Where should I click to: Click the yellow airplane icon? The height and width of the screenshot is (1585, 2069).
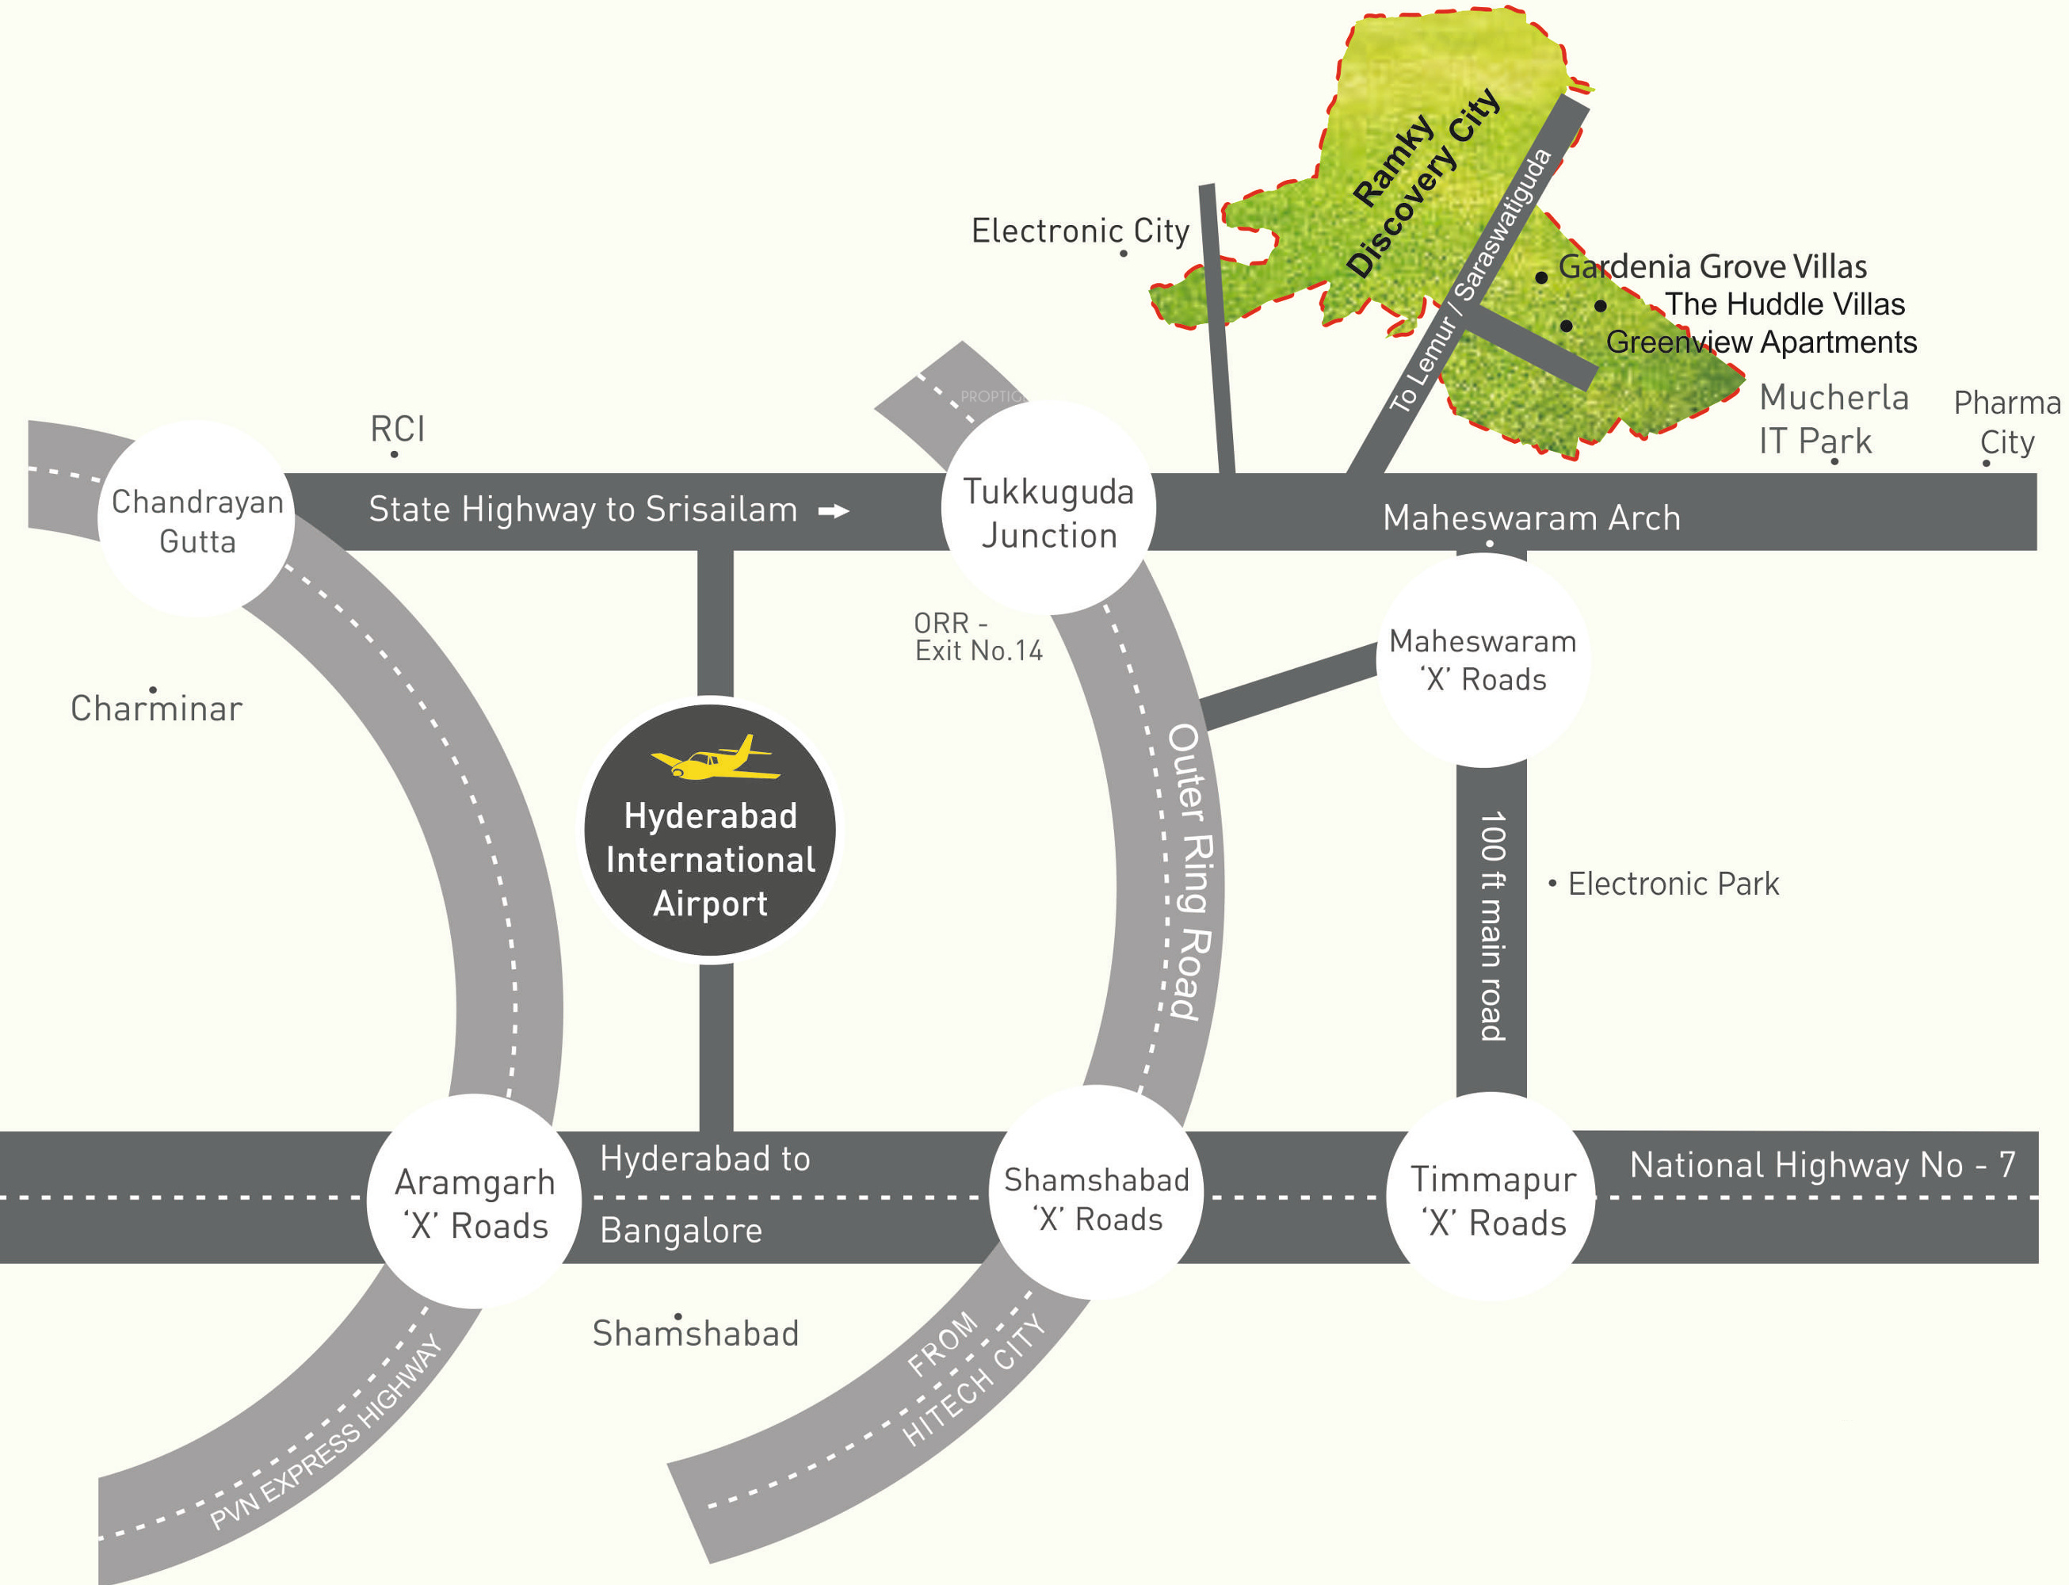click(x=714, y=758)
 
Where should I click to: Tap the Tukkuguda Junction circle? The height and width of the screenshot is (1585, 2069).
click(x=1048, y=510)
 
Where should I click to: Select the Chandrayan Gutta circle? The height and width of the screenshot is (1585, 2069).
click(x=197, y=520)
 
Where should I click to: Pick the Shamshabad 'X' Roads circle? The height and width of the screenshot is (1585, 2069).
click(x=1095, y=1197)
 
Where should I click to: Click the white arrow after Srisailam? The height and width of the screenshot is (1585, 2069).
click(x=833, y=511)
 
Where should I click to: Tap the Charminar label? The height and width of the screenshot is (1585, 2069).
click(x=157, y=708)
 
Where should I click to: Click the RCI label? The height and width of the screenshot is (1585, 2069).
click(x=397, y=430)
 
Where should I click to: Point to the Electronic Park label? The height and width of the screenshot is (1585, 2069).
click(x=1672, y=884)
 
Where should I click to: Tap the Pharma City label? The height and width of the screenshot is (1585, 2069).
click(x=2006, y=422)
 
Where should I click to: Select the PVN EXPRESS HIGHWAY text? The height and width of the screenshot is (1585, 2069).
click(x=326, y=1431)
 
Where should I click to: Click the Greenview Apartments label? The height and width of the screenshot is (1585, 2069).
click(x=1761, y=342)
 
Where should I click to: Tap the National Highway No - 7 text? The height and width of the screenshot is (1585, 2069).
click(x=1822, y=1165)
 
